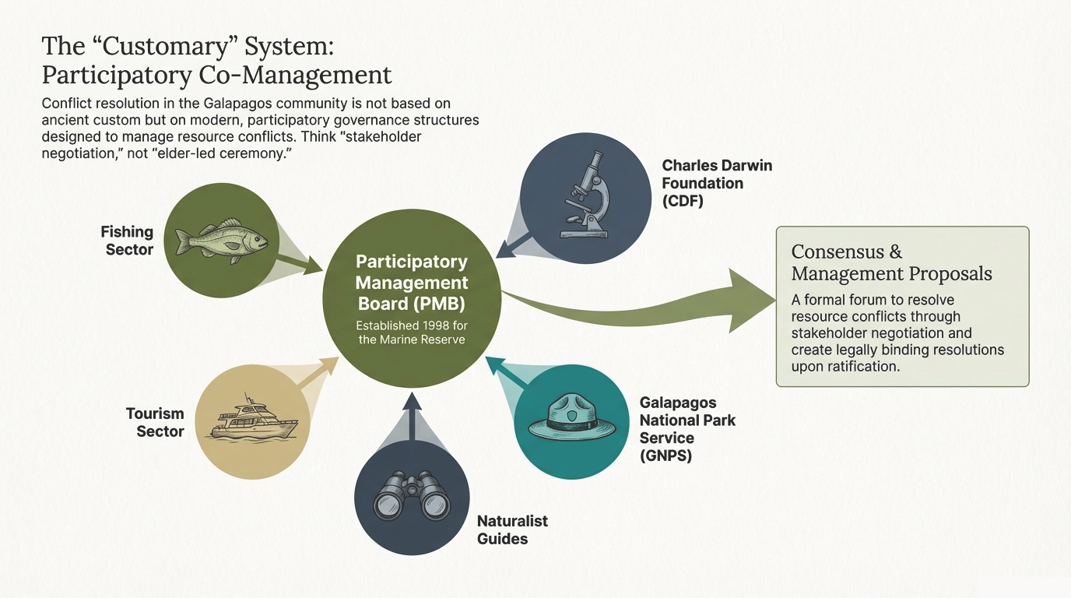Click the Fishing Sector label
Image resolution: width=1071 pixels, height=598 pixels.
point(127,241)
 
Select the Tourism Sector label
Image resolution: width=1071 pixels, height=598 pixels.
point(155,423)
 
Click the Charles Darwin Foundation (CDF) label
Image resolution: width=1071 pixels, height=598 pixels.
point(716,184)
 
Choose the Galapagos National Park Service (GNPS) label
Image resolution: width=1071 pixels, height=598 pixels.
point(686,428)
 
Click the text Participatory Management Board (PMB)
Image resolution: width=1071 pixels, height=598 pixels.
point(412,282)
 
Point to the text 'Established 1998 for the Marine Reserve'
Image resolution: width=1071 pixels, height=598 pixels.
point(412,332)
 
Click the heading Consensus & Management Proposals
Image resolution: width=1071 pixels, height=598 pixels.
point(891,262)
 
